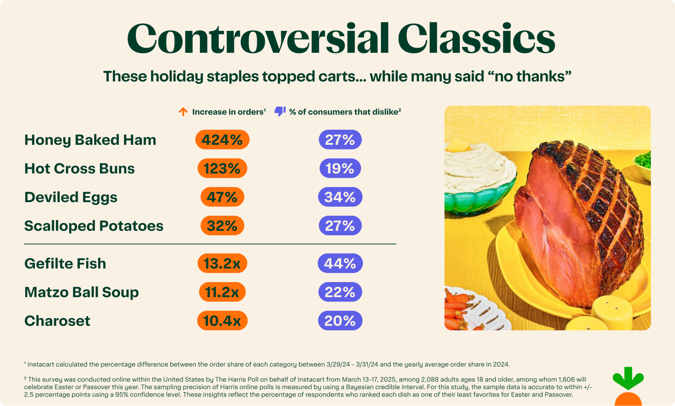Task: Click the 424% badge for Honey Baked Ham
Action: coord(222,140)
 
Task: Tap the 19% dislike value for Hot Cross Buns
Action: coord(340,168)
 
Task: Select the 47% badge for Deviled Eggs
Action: coord(222,197)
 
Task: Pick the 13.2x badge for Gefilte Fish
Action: coord(222,263)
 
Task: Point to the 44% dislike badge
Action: coord(340,263)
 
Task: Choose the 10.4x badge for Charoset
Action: coord(222,321)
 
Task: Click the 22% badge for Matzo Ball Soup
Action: coord(340,292)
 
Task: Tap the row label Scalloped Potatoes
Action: coord(94,226)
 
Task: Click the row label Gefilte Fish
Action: coord(65,263)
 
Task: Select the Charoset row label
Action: coord(57,321)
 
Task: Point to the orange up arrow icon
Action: coord(183,112)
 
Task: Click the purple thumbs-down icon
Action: coord(280,111)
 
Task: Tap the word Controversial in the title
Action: coord(258,38)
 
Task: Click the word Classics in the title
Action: coord(476,38)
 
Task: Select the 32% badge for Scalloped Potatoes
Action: coord(222,226)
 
